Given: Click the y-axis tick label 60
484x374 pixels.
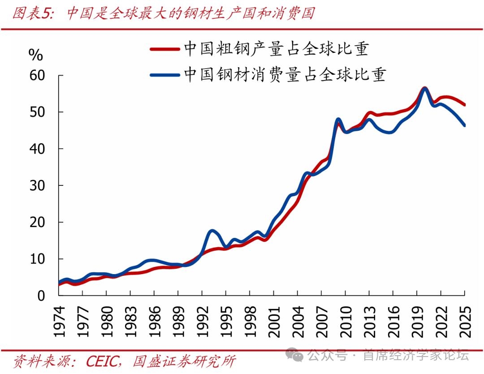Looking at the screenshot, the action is click(x=37, y=75).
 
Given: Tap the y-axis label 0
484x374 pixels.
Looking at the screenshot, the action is click(x=41, y=296).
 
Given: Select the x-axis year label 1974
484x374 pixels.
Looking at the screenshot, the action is click(x=59, y=322).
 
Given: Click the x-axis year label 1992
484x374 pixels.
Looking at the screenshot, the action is click(x=203, y=322).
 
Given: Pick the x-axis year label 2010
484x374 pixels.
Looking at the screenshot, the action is click(x=346, y=322).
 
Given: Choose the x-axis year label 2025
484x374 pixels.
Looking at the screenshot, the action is click(x=465, y=322).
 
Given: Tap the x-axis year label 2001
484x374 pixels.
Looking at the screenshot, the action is click(x=274, y=322).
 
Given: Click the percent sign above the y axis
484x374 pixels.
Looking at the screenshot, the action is click(x=35, y=55).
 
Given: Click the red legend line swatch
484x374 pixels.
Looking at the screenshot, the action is click(x=164, y=49).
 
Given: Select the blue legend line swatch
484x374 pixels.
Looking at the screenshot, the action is click(x=164, y=75).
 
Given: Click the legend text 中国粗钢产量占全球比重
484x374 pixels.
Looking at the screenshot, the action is click(x=276, y=49).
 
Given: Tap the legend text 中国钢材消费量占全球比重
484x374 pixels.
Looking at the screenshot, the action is click(x=285, y=74).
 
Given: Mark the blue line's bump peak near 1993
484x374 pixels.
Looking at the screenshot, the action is click(x=212, y=231).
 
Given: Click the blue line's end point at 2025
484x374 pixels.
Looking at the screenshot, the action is click(x=464, y=125).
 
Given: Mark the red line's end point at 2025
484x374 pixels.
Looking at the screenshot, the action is click(x=464, y=105).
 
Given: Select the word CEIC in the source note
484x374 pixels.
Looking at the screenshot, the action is click(x=104, y=361).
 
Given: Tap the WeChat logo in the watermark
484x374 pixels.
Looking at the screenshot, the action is click(x=294, y=355).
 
